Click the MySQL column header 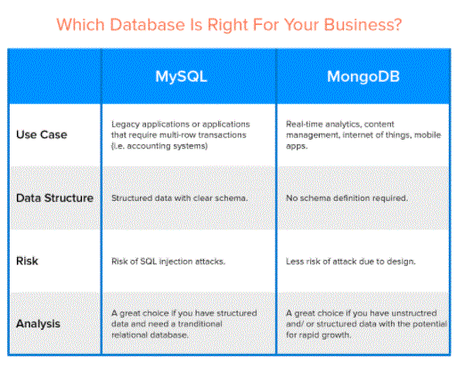pos(181,77)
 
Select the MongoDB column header pos(363,77)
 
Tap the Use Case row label pos(42,134)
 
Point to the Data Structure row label pos(54,198)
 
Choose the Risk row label pos(27,261)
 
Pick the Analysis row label pos(38,324)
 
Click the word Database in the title pos(148,24)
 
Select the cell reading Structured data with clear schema pos(179,198)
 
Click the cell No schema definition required pos(347,198)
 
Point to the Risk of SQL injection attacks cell pos(168,262)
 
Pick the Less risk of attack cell pos(351,262)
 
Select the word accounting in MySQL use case pos(144,146)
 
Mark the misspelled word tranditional pos(200,324)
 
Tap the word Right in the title pos(227,25)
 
